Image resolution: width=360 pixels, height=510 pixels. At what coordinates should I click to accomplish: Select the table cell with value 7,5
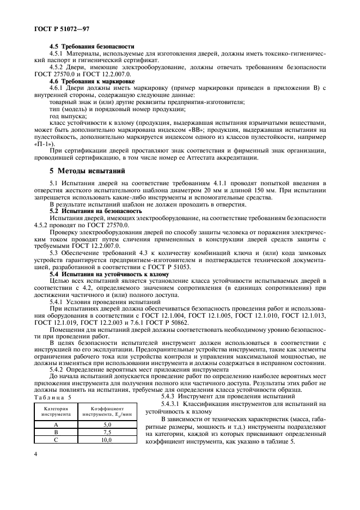(x=107, y=432)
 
